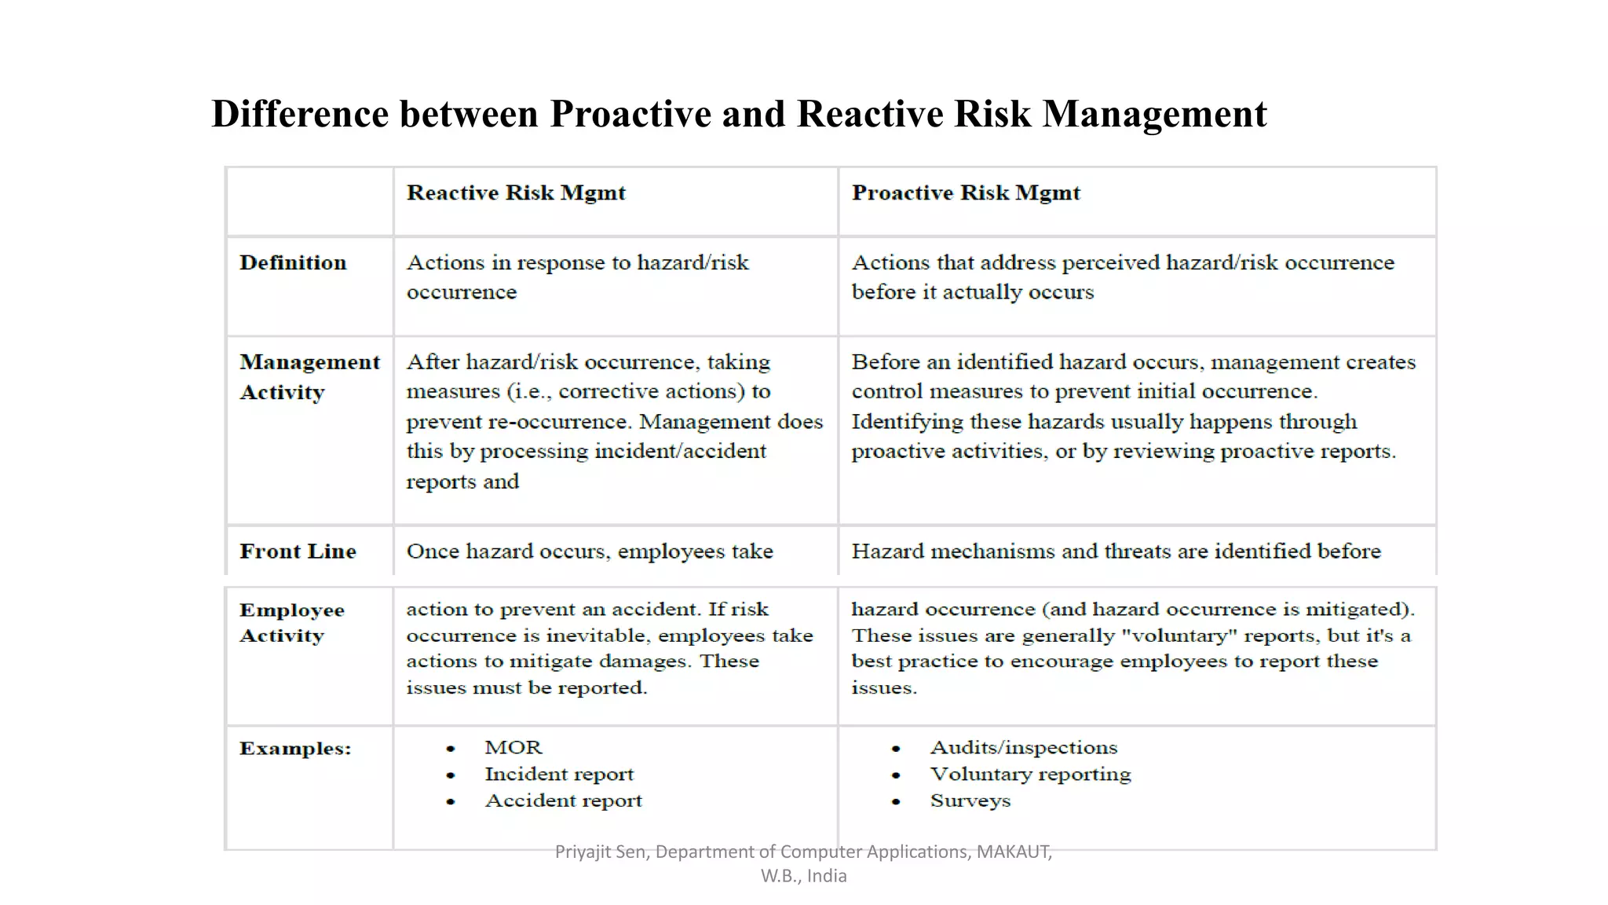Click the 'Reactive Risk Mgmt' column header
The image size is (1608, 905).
pos(516,193)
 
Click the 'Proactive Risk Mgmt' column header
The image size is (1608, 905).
pos(966,193)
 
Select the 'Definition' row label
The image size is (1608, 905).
pos(293,263)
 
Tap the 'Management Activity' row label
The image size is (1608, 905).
pos(309,377)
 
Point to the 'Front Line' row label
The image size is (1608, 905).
pos(298,551)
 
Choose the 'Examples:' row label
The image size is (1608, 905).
pos(295,749)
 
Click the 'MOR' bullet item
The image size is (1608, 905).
pos(513,748)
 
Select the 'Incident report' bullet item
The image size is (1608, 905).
pos(559,775)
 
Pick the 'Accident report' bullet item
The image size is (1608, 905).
pos(563,801)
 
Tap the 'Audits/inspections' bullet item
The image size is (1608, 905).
pos(1024,748)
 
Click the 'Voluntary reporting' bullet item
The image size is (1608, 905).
pos(1030,775)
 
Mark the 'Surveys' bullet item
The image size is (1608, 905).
pos(970,801)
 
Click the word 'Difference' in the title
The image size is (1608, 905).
pos(300,114)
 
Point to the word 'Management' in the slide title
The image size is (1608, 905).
pos(1154,114)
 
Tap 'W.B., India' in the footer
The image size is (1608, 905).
pos(803,876)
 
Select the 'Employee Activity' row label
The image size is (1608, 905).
pos(291,623)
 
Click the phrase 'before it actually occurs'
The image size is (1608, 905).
pos(972,293)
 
